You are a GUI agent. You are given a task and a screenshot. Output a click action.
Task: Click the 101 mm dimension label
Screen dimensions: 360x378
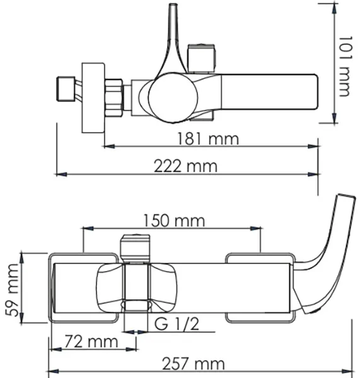click(345, 66)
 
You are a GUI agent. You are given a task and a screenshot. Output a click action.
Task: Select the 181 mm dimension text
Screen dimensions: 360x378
click(208, 139)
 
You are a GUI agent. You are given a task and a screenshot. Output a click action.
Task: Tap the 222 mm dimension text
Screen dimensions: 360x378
click(185, 166)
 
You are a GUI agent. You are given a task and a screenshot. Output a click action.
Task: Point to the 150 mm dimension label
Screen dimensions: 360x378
click(174, 220)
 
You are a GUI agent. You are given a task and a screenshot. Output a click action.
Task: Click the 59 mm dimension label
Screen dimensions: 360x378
click(12, 290)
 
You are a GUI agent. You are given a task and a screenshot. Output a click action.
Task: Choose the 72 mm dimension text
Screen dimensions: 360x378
click(91, 341)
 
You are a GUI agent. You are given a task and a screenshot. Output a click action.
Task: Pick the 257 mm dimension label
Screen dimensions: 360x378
click(194, 364)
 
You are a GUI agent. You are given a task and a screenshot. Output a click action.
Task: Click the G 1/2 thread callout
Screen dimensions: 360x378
click(177, 324)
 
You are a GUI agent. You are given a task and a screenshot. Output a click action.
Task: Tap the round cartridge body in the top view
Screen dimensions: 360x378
click(173, 98)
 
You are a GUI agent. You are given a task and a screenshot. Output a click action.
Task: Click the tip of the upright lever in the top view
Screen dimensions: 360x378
click(173, 4)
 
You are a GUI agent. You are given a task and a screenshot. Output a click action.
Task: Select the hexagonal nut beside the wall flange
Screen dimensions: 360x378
click(114, 98)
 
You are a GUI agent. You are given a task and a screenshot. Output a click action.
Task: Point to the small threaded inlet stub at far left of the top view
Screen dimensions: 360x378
click(66, 88)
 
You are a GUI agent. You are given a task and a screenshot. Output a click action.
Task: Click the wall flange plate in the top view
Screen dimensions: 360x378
click(93, 98)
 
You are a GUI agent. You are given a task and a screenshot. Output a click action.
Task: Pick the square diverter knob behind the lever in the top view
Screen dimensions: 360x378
click(202, 59)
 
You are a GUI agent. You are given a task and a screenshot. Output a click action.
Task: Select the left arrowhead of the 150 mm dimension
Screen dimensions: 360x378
click(88, 228)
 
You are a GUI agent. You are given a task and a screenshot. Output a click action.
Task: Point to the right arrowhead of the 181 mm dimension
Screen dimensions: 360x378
click(313, 146)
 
